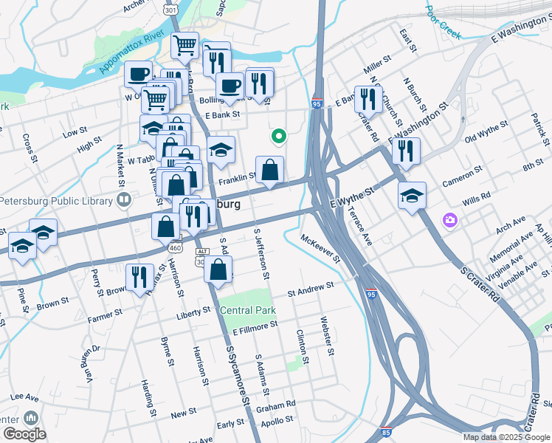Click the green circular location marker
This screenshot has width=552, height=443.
279,136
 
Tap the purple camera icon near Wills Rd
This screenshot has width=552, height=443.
449,220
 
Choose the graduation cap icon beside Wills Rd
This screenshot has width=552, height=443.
413,196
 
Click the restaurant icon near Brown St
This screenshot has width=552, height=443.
137,278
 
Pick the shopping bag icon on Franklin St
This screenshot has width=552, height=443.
270,170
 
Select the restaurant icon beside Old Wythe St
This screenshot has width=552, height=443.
406,152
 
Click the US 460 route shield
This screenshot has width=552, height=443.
175,248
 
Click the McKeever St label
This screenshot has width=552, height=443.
320,249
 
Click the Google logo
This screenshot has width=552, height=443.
24,433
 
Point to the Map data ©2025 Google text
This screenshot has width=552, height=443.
506,437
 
